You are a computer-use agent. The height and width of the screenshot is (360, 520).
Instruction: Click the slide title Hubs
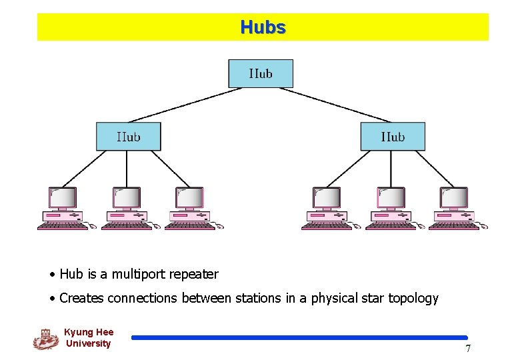coord(263,27)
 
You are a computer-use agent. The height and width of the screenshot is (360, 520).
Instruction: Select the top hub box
coord(261,73)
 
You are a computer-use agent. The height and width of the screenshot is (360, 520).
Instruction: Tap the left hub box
coord(128,137)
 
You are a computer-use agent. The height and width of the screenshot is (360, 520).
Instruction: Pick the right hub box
coord(393,137)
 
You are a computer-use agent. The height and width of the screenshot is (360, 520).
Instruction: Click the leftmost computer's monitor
coord(63,198)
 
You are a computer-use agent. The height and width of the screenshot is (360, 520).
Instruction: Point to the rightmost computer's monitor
coord(454,198)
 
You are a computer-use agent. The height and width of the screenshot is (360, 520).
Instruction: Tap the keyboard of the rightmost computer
coord(453,226)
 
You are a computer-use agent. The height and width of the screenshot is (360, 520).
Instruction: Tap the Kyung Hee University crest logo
coord(45,339)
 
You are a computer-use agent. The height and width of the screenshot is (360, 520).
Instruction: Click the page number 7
coord(468,349)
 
